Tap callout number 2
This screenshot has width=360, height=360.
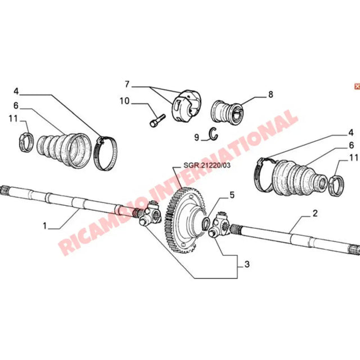315,214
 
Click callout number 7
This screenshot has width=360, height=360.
127,84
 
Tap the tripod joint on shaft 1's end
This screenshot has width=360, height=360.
151,215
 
